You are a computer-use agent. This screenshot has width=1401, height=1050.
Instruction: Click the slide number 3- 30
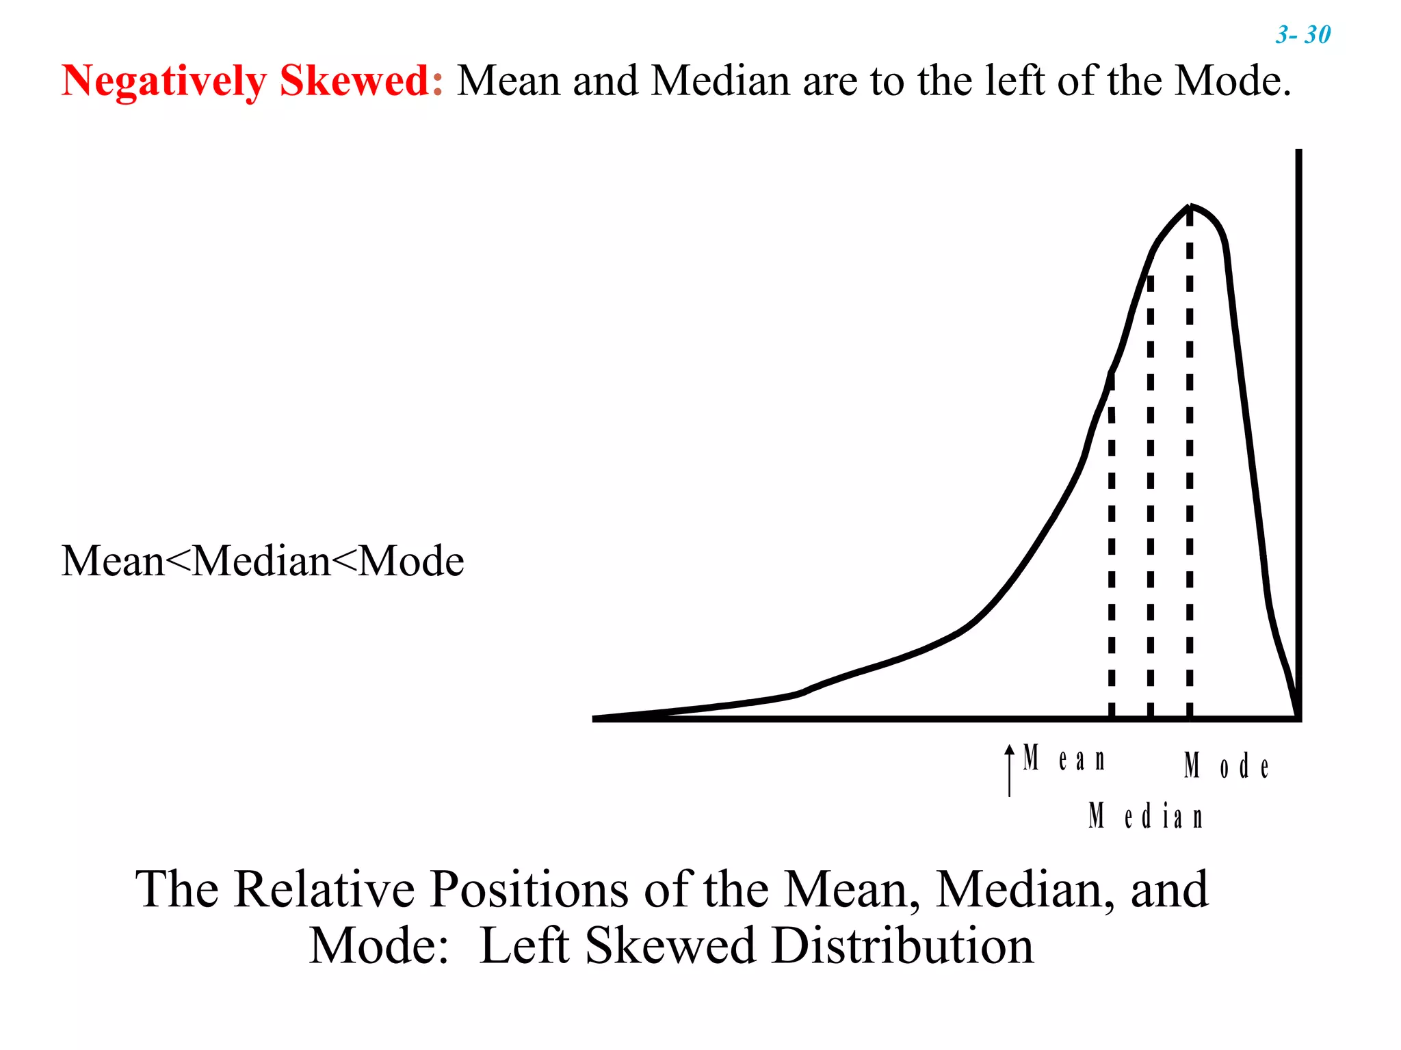1302,34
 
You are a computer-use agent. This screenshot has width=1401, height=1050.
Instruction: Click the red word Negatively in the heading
163,81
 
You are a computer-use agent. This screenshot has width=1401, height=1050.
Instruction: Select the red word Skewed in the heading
354,81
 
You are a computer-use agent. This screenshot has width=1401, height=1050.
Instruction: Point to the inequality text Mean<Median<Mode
263,561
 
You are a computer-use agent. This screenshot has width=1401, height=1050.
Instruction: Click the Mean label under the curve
1064,759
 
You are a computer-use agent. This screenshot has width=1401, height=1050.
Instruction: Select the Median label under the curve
1145,816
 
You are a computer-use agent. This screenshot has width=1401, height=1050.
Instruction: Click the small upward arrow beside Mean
1009,770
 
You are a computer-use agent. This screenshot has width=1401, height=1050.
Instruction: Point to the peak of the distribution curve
1190,206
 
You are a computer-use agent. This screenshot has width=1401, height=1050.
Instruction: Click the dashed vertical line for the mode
1190,479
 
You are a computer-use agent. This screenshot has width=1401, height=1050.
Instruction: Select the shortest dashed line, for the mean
1112,547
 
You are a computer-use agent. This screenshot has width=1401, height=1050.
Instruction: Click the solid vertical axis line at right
1298,410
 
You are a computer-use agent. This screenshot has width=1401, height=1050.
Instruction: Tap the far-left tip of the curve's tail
597,718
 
